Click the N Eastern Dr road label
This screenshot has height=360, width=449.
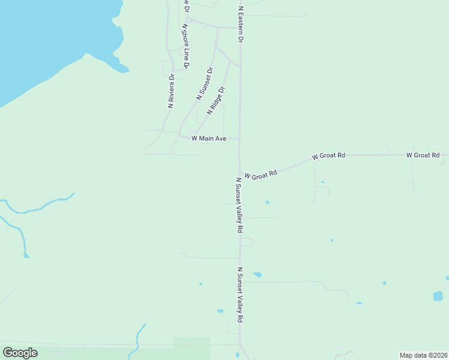click(241, 25)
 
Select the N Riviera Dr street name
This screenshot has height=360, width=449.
click(171, 91)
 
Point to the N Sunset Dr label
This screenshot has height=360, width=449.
click(205, 84)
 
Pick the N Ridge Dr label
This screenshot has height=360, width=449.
click(216, 101)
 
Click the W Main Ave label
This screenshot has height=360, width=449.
click(208, 139)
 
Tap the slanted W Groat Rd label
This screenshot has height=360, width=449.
click(261, 173)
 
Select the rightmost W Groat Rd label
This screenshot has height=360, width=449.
click(427, 155)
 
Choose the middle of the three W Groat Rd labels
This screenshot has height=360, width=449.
click(328, 156)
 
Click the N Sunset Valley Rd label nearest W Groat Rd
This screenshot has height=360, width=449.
click(239, 205)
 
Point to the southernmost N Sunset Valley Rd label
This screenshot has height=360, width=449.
click(240, 295)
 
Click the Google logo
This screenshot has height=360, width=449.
click(20, 352)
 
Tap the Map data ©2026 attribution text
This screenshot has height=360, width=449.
click(423, 355)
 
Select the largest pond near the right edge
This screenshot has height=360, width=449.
click(438, 296)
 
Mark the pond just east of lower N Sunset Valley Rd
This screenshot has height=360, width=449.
click(258, 275)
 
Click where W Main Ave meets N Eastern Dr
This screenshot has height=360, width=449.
click(240, 139)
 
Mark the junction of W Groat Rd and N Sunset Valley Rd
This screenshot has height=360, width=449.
click(240, 173)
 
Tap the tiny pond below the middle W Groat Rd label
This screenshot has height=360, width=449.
click(322, 182)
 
